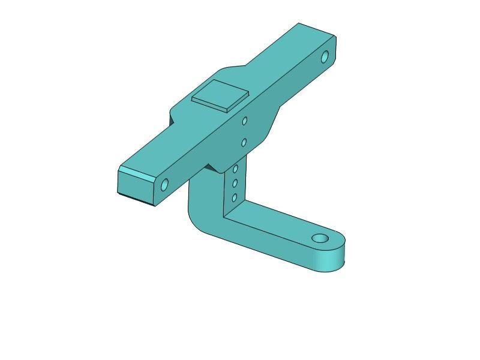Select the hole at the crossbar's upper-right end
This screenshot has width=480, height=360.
pyautogui.click(x=325, y=58)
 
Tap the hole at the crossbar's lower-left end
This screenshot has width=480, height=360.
pyautogui.click(x=165, y=185)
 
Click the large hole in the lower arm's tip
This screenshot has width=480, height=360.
pyautogui.click(x=320, y=239)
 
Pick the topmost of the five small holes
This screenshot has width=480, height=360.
pyautogui.click(x=245, y=121)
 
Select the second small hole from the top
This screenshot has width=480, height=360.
pyautogui.click(x=244, y=143)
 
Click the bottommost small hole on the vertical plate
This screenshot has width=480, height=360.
pyautogui.click(x=235, y=197)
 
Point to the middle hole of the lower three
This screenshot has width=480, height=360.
pyautogui.click(x=235, y=183)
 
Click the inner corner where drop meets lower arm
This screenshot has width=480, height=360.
pyautogui.click(x=224, y=217)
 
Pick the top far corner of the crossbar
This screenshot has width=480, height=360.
pyautogui.click(x=299, y=23)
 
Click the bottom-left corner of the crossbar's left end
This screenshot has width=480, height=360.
pyautogui.click(x=118, y=192)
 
